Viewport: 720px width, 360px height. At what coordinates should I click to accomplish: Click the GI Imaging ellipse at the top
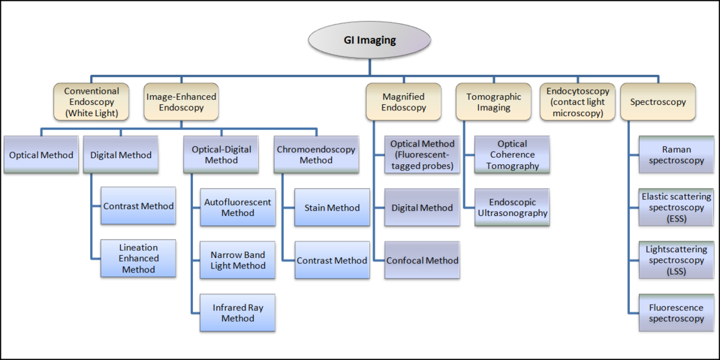point(369,40)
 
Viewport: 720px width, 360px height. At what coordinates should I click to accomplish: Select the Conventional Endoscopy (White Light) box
point(92,102)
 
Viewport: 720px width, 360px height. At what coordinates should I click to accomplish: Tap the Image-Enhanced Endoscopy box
point(181,102)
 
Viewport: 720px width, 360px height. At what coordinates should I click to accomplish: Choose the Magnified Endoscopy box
point(403,102)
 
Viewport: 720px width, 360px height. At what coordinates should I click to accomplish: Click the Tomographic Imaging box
point(494,102)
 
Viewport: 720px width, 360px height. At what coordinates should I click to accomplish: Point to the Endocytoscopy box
point(577,102)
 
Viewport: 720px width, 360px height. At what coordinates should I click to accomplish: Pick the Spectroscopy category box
point(657,102)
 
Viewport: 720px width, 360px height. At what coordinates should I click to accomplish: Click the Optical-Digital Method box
point(222,155)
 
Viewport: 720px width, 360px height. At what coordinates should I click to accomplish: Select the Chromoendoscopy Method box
point(316,155)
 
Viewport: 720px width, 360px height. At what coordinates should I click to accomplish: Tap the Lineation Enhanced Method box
point(138,259)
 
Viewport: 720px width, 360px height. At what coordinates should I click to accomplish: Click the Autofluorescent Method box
point(238,208)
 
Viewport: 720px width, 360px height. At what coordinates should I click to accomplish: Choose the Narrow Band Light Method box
point(238,260)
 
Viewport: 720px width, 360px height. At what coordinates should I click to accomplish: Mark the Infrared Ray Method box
point(238,313)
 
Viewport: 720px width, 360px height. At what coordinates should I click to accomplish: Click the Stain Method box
point(332,208)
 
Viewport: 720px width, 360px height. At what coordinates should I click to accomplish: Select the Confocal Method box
point(422,261)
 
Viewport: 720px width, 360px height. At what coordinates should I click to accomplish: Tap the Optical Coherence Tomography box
point(512,155)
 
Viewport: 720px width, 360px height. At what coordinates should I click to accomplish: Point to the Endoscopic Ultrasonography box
point(512,208)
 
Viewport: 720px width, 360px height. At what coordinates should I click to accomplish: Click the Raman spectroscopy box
point(676,155)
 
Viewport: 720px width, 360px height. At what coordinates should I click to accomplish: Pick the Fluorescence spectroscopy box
point(676,313)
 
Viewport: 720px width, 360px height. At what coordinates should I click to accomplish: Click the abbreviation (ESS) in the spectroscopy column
point(676,219)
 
